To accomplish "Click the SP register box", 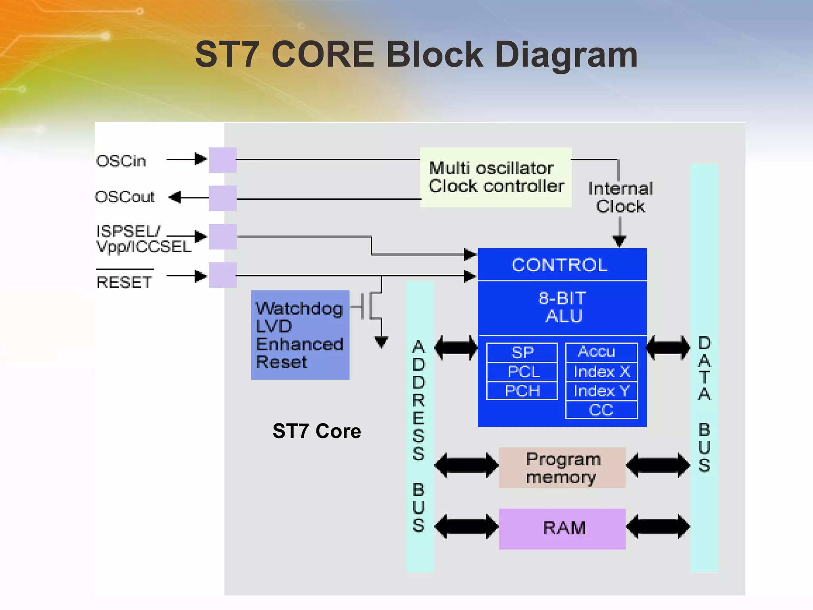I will [522, 352].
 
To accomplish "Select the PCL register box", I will [522, 372].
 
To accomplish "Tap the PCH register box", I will [522, 391].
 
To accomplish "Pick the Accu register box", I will [601, 352].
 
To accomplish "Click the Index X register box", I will [601, 372].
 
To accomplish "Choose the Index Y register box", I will [601, 391].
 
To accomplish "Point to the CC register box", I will [601, 410].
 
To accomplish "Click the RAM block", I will [562, 529].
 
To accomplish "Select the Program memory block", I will [562, 467].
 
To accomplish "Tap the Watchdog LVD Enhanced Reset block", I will [300, 335].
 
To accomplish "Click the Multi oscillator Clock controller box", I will [495, 177].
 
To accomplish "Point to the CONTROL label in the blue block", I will [560, 265].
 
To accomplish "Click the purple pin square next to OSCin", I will [223, 160].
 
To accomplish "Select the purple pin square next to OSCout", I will [223, 198].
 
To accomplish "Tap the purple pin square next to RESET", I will [223, 275].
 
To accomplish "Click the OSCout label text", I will [125, 197].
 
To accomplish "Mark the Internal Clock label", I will [620, 197].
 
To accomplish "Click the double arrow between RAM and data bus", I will [658, 527].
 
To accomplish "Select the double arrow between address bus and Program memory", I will [466, 465].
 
